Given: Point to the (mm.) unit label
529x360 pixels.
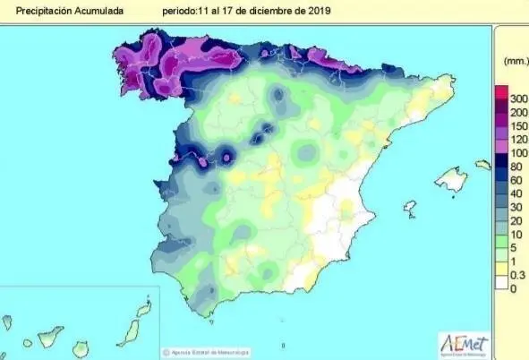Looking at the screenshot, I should pos(516,61).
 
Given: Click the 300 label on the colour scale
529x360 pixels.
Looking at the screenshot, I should pos(519,98).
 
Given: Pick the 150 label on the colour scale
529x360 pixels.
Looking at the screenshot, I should pos(519,126).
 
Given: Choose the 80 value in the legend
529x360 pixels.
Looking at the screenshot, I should pos(517,167).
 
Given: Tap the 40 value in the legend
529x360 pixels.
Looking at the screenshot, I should pos(517,193).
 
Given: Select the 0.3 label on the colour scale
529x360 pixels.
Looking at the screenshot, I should pos(517,274).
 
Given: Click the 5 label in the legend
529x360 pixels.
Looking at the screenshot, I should pos(514,247).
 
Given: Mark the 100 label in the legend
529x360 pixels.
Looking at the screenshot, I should pos(519,153).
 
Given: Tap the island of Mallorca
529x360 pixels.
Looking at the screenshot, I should pos(452,179).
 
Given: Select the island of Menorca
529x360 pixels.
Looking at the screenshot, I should pos(483,165).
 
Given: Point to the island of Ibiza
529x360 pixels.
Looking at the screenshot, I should pos(410,209).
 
